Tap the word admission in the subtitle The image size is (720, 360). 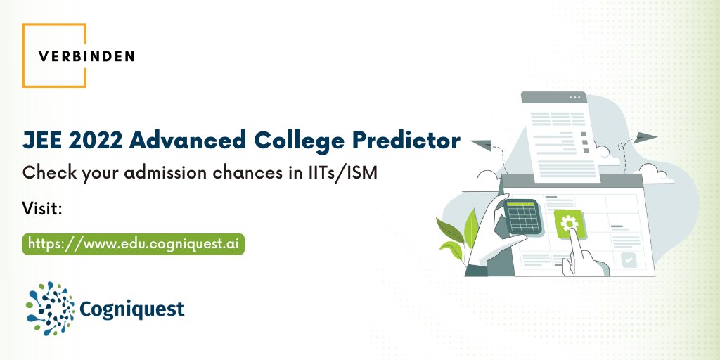coord(159,173)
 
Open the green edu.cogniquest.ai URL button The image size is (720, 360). coord(134,243)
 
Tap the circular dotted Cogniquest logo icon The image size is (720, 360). coord(50,307)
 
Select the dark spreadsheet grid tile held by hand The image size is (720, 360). coord(522,217)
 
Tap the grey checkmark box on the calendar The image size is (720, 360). coord(629,260)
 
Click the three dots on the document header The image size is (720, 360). coord(575,96)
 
